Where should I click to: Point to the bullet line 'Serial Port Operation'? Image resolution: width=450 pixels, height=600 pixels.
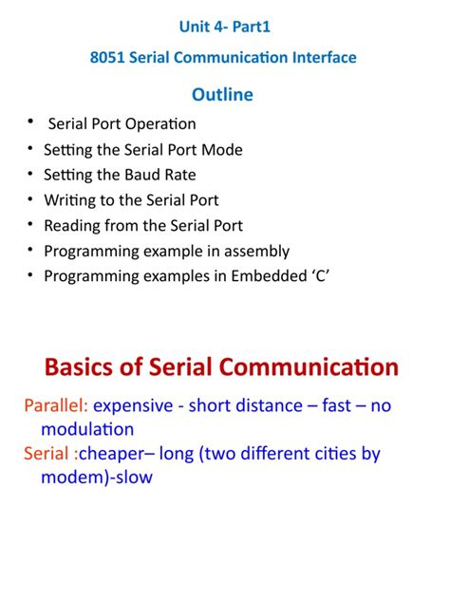[x=122, y=123]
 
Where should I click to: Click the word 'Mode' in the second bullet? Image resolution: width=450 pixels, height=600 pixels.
[x=223, y=149]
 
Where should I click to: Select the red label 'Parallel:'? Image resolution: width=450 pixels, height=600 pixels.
[x=56, y=406]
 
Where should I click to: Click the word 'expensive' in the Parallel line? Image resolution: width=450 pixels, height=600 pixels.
[x=133, y=406]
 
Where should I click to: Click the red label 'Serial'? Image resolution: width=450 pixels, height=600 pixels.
[x=47, y=454]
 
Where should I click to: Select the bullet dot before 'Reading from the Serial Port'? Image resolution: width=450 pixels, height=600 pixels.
[x=31, y=226]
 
